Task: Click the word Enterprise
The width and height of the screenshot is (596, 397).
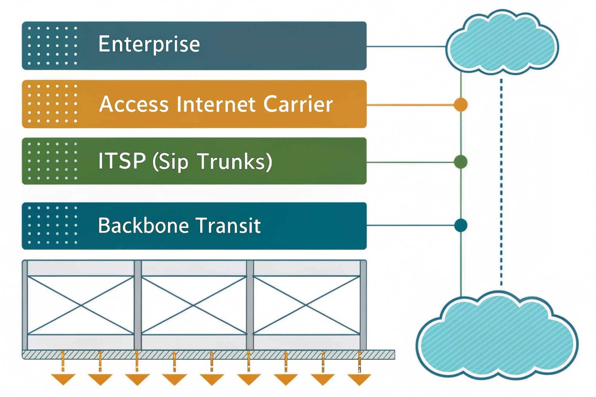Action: (x=149, y=44)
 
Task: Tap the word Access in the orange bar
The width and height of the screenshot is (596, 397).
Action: (x=134, y=105)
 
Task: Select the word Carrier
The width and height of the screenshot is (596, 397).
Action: (x=298, y=105)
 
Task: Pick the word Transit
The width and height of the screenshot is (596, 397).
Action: (x=228, y=226)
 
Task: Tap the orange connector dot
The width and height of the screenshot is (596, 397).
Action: (x=461, y=105)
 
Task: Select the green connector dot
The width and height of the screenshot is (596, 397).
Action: (x=461, y=162)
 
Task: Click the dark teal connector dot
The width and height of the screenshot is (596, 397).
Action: (x=461, y=226)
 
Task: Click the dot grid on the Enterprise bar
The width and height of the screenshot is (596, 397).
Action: (x=53, y=46)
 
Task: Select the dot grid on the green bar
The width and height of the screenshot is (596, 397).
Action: (x=53, y=161)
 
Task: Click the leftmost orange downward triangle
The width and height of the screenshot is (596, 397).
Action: (x=63, y=379)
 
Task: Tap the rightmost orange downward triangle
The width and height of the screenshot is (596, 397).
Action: (x=359, y=379)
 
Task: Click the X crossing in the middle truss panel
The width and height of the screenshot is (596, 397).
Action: (x=194, y=305)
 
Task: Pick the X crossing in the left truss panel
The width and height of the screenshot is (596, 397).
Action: (x=81, y=305)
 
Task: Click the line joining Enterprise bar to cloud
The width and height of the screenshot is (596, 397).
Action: (x=406, y=46)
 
